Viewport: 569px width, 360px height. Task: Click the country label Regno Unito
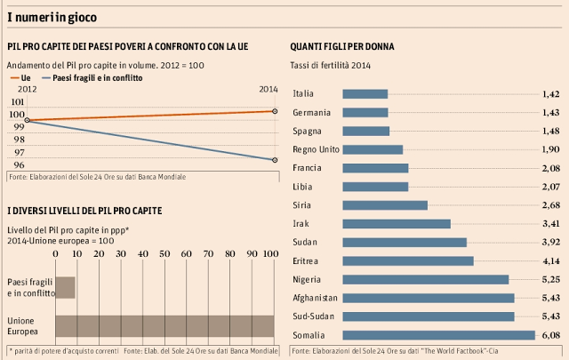tap(312, 149)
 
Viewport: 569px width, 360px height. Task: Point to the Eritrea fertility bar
tap(407, 236)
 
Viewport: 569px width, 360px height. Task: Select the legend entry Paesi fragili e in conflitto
tap(89, 78)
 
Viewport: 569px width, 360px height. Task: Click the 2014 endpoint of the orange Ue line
tap(275, 111)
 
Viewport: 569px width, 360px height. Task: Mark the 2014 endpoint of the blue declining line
tap(275, 160)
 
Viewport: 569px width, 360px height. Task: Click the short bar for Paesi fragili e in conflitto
tap(65, 262)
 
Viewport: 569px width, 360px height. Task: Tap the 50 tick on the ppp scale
tap(164, 229)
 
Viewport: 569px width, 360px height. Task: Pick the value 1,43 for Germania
tap(549, 113)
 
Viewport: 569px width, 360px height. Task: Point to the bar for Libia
tap(374, 187)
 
